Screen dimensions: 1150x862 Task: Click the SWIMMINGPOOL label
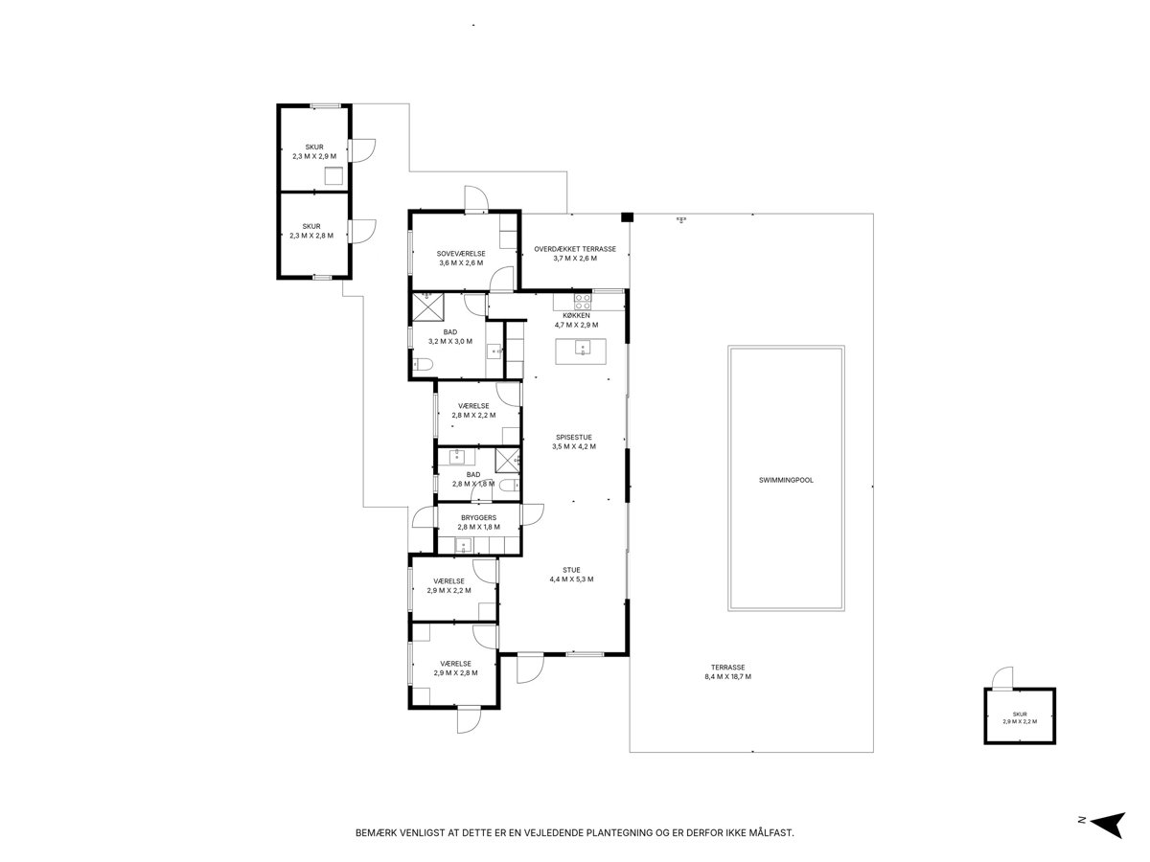pos(785,480)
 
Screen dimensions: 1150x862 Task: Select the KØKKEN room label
pos(576,316)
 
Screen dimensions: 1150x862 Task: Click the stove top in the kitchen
pos(583,301)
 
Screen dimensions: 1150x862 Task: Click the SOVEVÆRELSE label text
pos(461,254)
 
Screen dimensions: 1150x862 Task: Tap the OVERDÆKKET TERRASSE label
pos(575,249)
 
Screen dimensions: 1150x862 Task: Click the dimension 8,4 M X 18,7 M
pos(727,677)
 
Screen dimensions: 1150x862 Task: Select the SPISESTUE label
pos(574,438)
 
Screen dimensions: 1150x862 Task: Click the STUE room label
pos(571,570)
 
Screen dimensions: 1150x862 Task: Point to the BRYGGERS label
pos(478,517)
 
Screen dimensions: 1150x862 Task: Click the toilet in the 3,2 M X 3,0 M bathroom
pos(422,364)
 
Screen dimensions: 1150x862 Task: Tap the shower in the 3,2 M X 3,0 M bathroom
pos(428,306)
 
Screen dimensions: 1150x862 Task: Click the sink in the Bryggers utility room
pos(463,546)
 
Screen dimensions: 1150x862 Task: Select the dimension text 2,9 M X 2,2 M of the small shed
pos(1020,721)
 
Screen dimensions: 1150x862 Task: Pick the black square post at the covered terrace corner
pos(627,217)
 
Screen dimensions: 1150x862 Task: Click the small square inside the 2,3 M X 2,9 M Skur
pos(333,176)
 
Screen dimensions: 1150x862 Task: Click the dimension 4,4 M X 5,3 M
pos(571,579)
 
